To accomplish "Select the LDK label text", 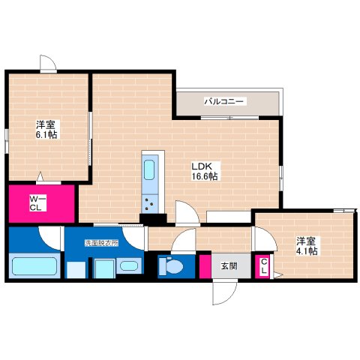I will pyautogui.click(x=203, y=166).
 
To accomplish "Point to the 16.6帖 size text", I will pyautogui.click(x=204, y=176).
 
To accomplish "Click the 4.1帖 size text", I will pyautogui.click(x=305, y=251).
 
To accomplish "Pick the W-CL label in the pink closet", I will pyautogui.click(x=37, y=203).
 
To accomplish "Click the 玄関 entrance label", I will pyautogui.click(x=229, y=265).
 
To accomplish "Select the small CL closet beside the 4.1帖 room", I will pyautogui.click(x=264, y=266).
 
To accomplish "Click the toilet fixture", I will pyautogui.click(x=172, y=266).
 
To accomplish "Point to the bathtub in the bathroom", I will pyautogui.click(x=35, y=266).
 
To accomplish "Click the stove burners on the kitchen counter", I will pyautogui.click(x=151, y=200).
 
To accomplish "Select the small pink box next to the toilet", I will pyautogui.click(x=205, y=266).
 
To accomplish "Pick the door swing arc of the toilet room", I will pyautogui.click(x=181, y=242).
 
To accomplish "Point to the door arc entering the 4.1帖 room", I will pyautogui.click(x=262, y=238).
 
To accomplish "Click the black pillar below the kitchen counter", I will pyautogui.click(x=154, y=219).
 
